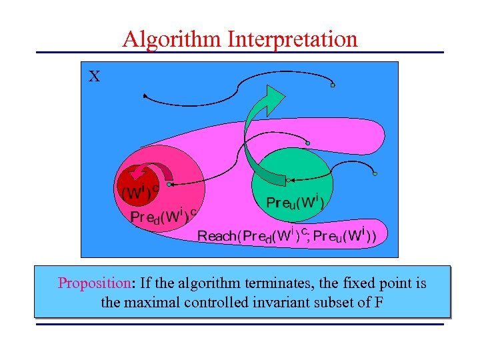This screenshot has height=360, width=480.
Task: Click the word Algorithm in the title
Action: pyautogui.click(x=171, y=39)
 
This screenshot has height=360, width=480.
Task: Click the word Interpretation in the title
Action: pyautogui.click(x=292, y=39)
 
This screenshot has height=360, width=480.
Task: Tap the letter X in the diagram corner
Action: pyautogui.click(x=95, y=77)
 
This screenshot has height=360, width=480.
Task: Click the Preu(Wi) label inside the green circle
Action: pyautogui.click(x=294, y=201)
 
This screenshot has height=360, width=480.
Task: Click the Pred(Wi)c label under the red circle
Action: pyautogui.click(x=163, y=216)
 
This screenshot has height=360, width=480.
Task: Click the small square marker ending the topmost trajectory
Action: pyautogui.click(x=332, y=85)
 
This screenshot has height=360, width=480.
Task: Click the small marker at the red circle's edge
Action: pyautogui.click(x=170, y=184)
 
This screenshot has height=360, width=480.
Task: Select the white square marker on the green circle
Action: pyautogui.click(x=287, y=179)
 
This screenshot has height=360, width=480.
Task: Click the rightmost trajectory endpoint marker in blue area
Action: pyautogui.click(x=375, y=174)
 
